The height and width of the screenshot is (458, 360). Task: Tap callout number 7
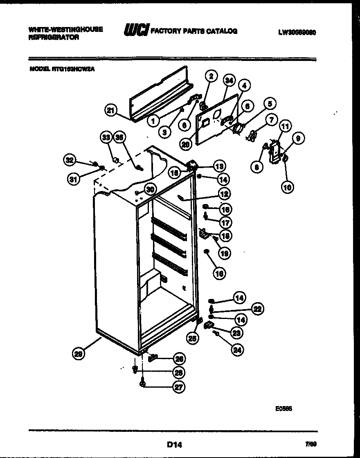270,120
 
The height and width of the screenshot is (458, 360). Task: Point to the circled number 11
285,127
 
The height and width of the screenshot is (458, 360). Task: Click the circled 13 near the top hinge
219,166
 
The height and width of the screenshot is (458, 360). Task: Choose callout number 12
223,194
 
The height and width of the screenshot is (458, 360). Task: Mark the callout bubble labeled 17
225,222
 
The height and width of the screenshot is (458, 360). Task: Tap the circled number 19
224,254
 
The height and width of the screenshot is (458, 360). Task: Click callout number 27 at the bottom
178,387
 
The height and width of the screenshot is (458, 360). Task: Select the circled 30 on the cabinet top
151,189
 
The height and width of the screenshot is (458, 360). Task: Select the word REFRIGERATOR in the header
54,37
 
